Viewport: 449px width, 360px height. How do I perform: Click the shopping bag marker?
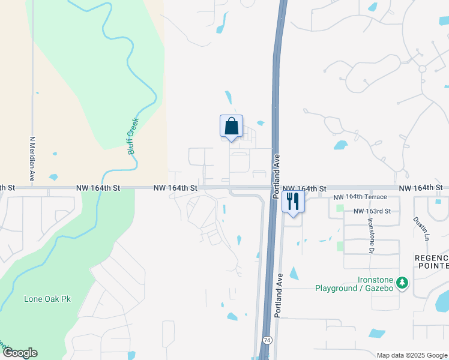point(232,127)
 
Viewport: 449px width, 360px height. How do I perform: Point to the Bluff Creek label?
point(133,136)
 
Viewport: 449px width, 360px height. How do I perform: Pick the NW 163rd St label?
point(372,211)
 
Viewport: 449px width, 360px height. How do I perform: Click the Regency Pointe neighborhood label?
point(432,262)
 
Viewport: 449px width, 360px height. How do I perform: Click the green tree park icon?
point(403,282)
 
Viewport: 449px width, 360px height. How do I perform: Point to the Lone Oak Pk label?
point(47,299)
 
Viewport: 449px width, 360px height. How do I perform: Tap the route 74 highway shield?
point(265,340)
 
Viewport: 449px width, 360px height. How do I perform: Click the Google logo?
point(19,353)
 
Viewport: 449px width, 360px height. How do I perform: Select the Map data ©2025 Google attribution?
point(412,355)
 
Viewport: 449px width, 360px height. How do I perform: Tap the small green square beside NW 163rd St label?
point(340,209)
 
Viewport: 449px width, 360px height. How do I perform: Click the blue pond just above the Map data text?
point(376,334)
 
